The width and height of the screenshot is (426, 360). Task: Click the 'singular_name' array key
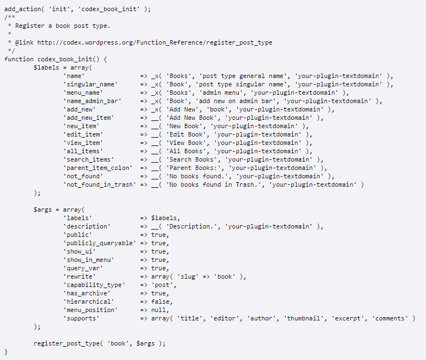click(90, 84)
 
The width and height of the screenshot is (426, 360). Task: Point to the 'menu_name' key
click(84, 93)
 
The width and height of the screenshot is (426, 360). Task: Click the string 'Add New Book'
click(192, 118)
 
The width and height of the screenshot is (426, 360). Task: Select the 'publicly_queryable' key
click(99, 243)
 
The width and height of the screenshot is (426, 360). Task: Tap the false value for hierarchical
click(160, 301)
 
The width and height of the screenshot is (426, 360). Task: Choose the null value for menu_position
click(159, 310)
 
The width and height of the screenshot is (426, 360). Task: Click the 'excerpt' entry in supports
click(349, 318)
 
